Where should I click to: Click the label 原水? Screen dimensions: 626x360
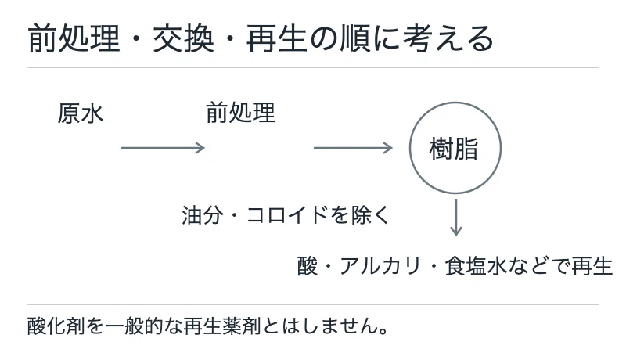coord(81,113)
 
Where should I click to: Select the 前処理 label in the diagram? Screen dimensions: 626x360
coord(240,113)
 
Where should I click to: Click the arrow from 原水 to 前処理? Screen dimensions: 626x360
coord(163,148)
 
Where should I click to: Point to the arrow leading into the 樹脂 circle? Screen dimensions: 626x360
coord(354,148)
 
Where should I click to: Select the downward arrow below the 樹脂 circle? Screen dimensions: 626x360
coord(456,218)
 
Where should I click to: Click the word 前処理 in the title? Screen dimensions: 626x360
coord(74,38)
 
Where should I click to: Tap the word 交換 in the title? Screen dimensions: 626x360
coord(183,38)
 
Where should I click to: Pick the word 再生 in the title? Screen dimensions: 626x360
coord(277,38)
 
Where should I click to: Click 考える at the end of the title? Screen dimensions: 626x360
coord(448,38)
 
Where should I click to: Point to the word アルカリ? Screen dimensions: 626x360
coord(380,266)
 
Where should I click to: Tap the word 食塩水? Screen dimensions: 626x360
coord(476,266)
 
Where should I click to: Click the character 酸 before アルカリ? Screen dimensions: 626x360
coord(307,266)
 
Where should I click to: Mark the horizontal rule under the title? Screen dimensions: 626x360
coord(313,67)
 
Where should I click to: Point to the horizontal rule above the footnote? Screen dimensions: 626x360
coord(313,304)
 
